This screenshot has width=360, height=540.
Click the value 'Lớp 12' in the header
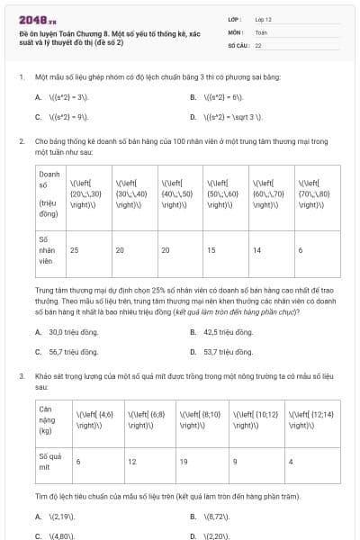click(x=263, y=18)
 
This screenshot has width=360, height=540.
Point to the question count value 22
click(x=258, y=43)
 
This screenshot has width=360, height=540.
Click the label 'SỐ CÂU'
click(x=238, y=43)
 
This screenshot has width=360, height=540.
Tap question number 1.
click(x=21, y=77)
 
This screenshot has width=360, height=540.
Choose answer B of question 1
click(x=217, y=96)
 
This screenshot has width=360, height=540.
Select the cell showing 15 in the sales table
click(x=211, y=249)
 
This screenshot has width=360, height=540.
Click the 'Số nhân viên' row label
click(x=48, y=251)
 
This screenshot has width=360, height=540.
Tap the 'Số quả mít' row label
click(x=50, y=463)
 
